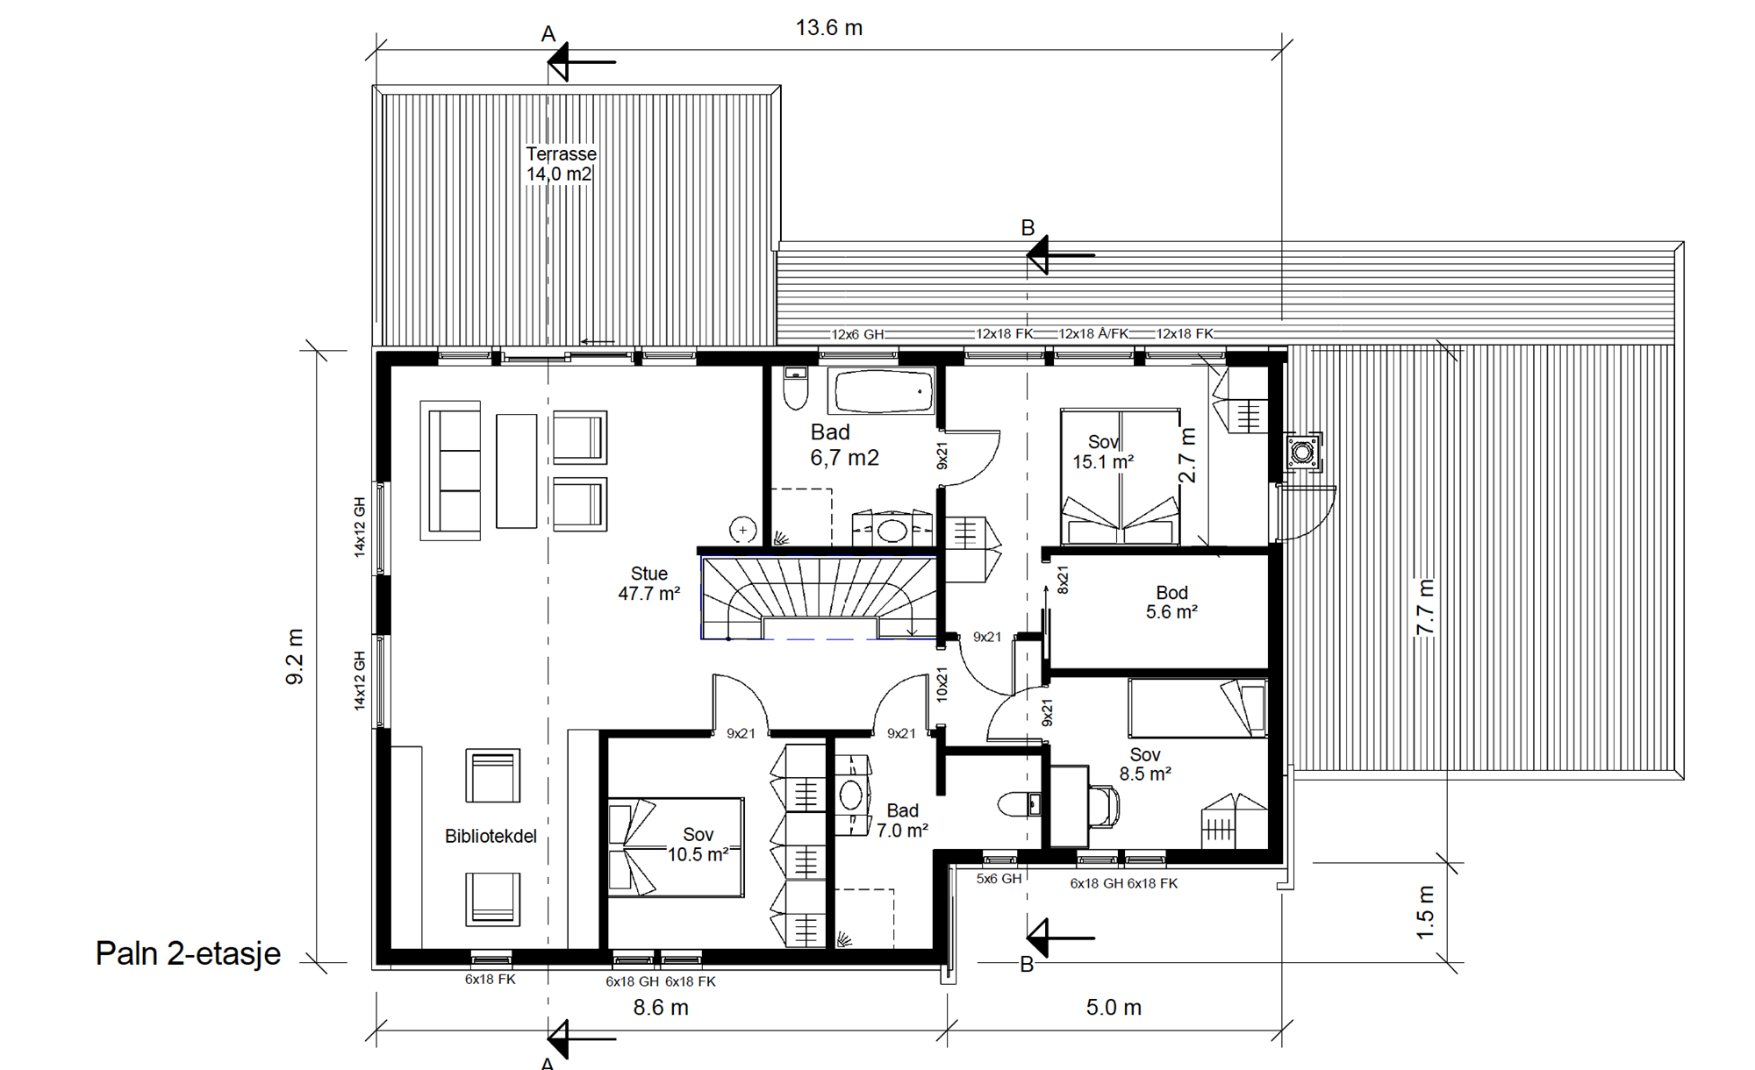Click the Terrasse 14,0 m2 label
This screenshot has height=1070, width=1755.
pos(561,164)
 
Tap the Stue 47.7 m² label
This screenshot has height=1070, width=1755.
pos(649,583)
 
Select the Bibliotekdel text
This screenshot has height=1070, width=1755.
pos(491,836)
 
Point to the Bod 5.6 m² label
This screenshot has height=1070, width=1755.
pos(1171,603)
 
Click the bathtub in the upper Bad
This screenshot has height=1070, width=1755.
pos(884,391)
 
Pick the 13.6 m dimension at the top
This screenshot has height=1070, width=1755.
pos(829,28)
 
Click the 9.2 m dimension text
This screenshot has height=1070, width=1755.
pos(295,656)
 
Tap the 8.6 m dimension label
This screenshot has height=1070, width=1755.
pos(661,1008)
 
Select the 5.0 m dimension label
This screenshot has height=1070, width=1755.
pos(1114,1008)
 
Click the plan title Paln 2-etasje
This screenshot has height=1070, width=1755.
pos(188,953)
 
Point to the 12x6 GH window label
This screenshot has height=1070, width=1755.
pos(857,334)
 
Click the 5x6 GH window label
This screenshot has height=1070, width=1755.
pos(999,879)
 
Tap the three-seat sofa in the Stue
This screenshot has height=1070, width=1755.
pos(451,471)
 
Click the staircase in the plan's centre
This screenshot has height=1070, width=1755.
pos(819,596)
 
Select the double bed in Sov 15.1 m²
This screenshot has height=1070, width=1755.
pos(1120,476)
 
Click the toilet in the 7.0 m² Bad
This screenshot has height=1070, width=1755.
pos(1020,804)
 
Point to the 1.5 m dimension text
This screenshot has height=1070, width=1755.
pos(1426,912)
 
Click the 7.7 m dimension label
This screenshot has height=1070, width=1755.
pos(1426,607)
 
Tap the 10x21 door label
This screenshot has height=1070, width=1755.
pos(942,684)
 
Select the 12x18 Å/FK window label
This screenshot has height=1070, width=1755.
pos(1093,334)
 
